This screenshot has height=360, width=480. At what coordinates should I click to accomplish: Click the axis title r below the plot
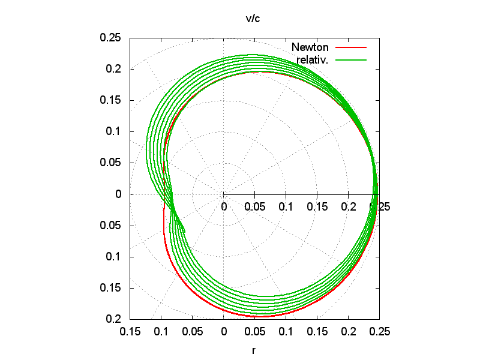254,349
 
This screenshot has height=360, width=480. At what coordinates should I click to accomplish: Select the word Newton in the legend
310,47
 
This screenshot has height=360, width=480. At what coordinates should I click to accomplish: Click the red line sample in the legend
350,47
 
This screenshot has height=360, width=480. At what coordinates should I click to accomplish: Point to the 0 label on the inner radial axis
224,207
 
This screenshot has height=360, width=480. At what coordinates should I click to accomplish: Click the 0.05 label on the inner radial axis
254,207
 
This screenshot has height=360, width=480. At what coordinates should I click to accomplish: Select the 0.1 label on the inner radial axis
286,207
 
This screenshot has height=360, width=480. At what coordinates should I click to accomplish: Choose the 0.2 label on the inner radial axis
348,207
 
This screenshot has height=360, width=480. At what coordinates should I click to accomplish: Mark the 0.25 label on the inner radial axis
379,207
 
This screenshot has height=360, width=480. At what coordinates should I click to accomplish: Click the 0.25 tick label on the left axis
110,38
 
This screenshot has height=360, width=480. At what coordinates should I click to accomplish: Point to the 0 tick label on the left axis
118,194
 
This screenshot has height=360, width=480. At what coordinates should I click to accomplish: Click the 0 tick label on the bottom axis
224,331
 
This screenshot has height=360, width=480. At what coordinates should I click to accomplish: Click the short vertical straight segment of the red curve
164,220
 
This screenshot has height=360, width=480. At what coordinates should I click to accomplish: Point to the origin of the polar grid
224,194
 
